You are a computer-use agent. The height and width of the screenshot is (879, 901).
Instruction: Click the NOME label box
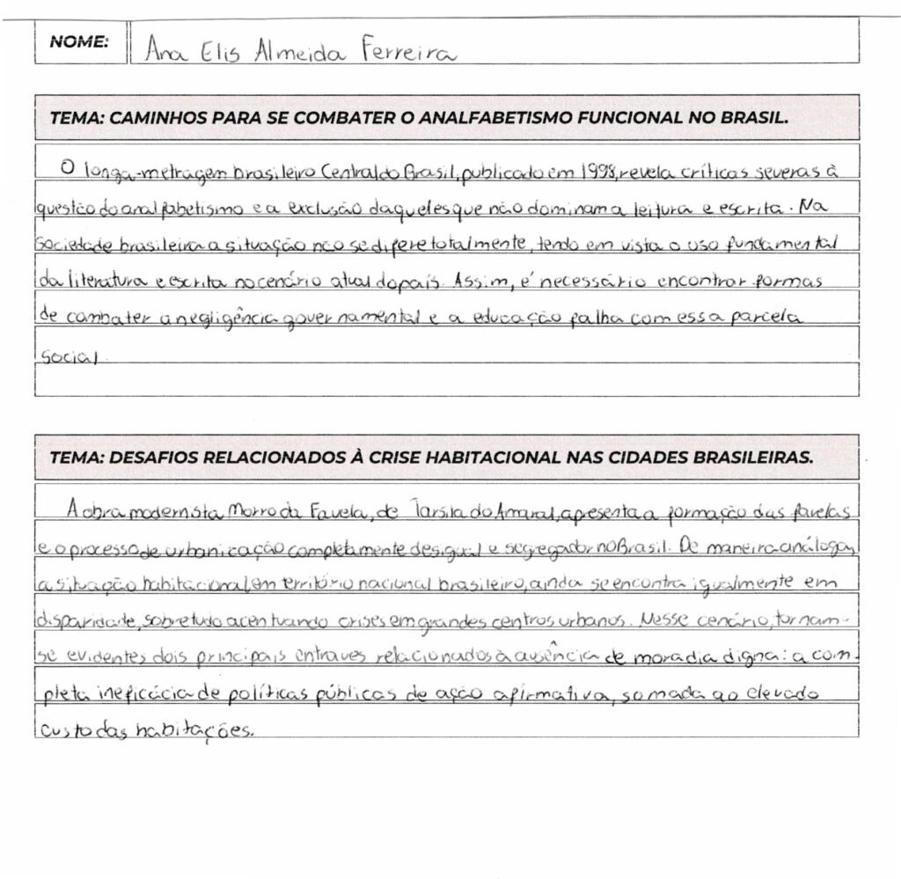pyautogui.click(x=79, y=41)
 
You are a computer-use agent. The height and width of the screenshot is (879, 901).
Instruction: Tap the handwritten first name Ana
pyautogui.click(x=163, y=53)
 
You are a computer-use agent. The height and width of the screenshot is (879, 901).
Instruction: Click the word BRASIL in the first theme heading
pyautogui.click(x=756, y=118)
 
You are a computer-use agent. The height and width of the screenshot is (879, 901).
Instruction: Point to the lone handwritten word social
pyautogui.click(x=64, y=359)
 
